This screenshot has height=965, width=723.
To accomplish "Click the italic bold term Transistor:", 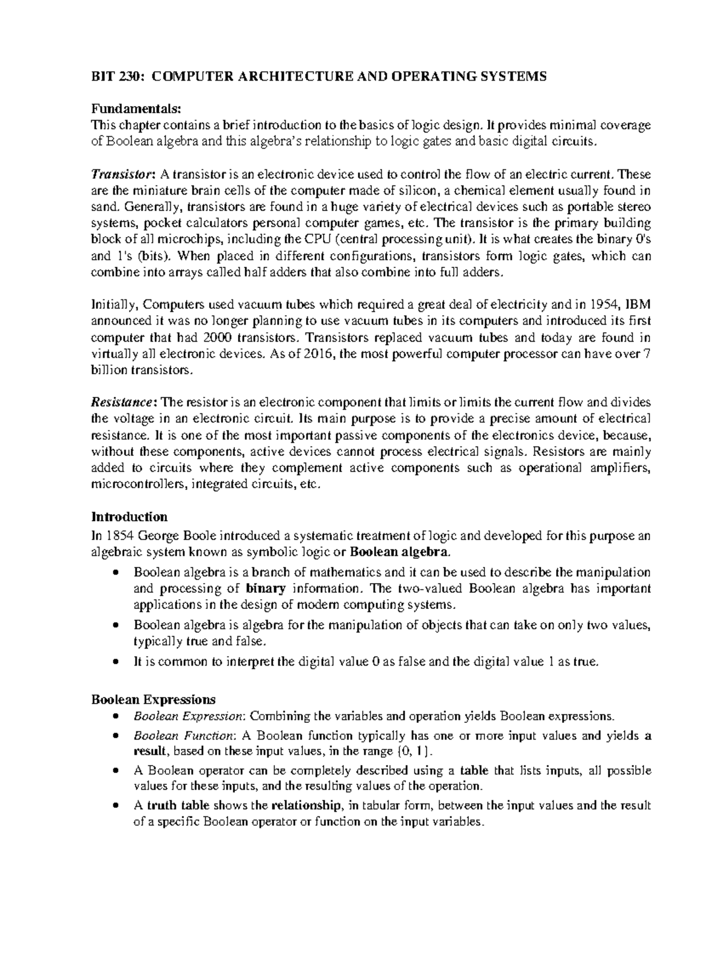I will click(x=123, y=175).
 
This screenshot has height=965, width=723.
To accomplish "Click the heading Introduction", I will click(x=129, y=517).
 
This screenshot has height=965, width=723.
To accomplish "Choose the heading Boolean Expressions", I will click(x=153, y=699).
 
